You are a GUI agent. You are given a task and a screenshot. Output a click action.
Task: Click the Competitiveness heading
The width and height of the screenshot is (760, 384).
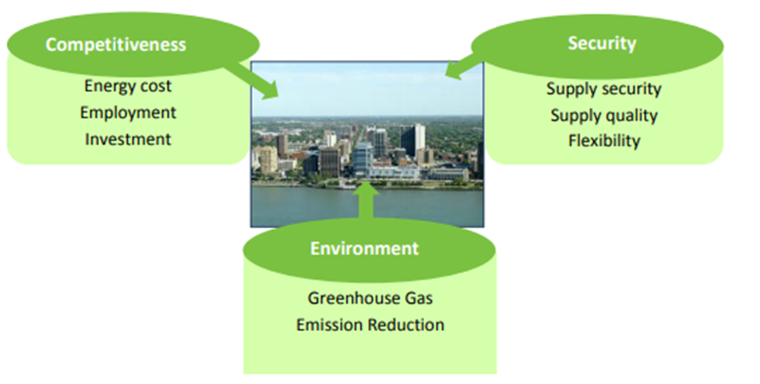point(115,44)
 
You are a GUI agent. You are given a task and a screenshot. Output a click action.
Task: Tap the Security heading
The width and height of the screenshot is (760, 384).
point(602,44)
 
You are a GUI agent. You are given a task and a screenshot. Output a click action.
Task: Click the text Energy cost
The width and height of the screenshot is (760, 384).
point(128,86)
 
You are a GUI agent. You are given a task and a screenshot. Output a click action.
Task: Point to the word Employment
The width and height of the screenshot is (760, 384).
point(128,112)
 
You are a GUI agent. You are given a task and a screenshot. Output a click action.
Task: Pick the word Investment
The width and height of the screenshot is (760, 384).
point(128,139)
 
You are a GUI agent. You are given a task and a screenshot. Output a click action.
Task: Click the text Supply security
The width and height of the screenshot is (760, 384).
point(603,89)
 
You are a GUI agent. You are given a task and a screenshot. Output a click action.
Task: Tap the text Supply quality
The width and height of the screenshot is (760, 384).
point(603,115)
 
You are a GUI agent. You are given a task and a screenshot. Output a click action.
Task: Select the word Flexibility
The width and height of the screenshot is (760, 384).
point(603,141)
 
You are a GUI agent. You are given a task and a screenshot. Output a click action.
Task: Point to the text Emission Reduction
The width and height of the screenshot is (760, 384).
point(369,324)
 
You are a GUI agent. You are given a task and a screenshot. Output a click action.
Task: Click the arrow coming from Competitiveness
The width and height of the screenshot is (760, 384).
point(250,79)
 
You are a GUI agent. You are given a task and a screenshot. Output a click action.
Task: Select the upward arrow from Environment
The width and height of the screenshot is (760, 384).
point(367,200)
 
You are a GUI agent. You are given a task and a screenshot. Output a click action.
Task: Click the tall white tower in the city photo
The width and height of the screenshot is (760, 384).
point(418,139)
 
